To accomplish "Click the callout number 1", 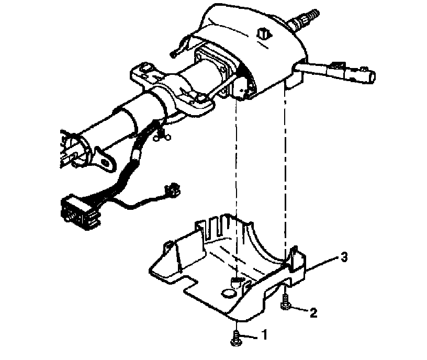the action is pyautogui.click(x=265, y=333).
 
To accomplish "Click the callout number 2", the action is pyautogui.click(x=313, y=313).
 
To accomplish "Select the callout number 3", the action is pyautogui.click(x=344, y=257).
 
